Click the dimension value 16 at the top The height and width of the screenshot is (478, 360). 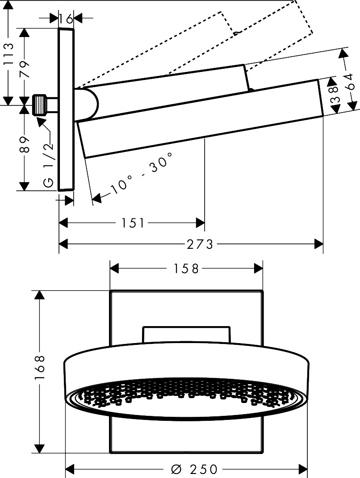[66, 18]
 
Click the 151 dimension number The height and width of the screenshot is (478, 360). [133, 222]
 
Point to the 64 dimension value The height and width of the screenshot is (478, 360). [352, 82]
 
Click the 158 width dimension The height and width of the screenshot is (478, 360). [186, 268]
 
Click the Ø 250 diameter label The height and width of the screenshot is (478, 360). [195, 469]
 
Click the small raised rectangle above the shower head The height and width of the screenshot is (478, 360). [186, 334]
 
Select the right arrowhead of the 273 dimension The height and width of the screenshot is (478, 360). [319, 244]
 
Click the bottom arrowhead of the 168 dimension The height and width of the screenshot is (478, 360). [40, 448]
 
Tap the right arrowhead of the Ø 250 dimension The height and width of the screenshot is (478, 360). [303, 469]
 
